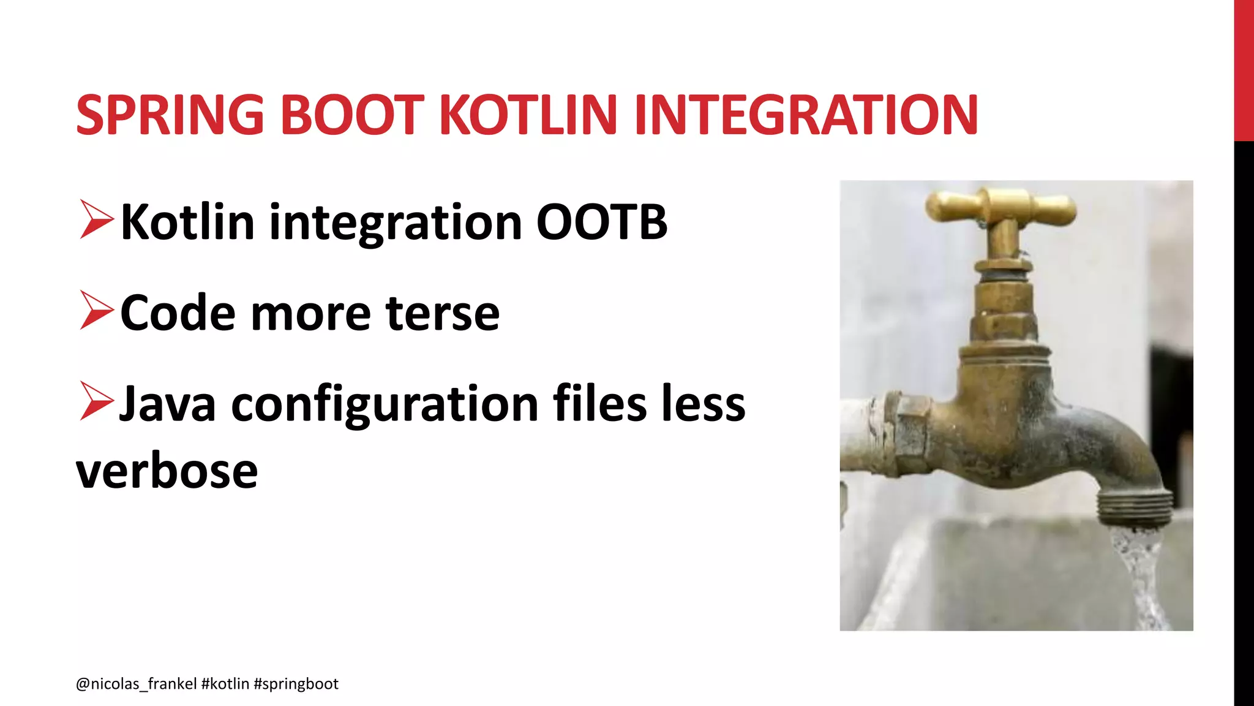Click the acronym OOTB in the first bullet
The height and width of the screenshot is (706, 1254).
click(x=601, y=222)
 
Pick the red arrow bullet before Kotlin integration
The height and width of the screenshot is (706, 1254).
click(x=96, y=219)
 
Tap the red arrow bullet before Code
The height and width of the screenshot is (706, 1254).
click(x=96, y=311)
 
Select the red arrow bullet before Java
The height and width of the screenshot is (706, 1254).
click(x=96, y=401)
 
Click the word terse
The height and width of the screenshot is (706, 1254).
click(x=443, y=314)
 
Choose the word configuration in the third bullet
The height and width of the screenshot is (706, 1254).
click(x=385, y=404)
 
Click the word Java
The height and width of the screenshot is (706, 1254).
click(x=167, y=404)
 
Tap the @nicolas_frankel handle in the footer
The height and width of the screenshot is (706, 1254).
click(x=136, y=684)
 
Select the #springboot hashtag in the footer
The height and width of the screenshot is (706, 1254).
click(x=296, y=684)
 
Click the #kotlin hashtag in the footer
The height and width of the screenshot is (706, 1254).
click(x=225, y=684)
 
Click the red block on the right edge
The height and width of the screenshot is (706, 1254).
click(x=1244, y=70)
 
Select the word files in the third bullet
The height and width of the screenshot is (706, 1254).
click(x=599, y=404)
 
